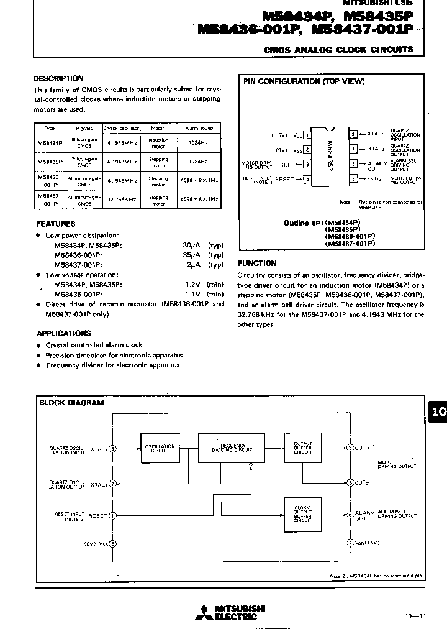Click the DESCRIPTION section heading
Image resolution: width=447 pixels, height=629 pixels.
[58, 79]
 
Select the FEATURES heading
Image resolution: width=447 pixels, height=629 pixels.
[55, 224]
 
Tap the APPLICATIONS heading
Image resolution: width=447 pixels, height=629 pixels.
[63, 333]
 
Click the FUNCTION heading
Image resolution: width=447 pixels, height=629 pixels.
[256, 264]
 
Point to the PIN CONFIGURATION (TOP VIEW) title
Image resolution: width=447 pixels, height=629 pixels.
[304, 81]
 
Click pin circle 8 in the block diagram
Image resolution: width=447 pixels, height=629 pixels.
[112, 448]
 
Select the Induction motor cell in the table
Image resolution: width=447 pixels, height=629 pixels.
[158, 143]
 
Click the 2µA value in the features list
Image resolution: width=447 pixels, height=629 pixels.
[191, 265]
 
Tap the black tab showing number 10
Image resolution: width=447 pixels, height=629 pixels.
[438, 411]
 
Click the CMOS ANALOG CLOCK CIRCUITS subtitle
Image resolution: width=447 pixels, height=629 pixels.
[338, 49]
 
